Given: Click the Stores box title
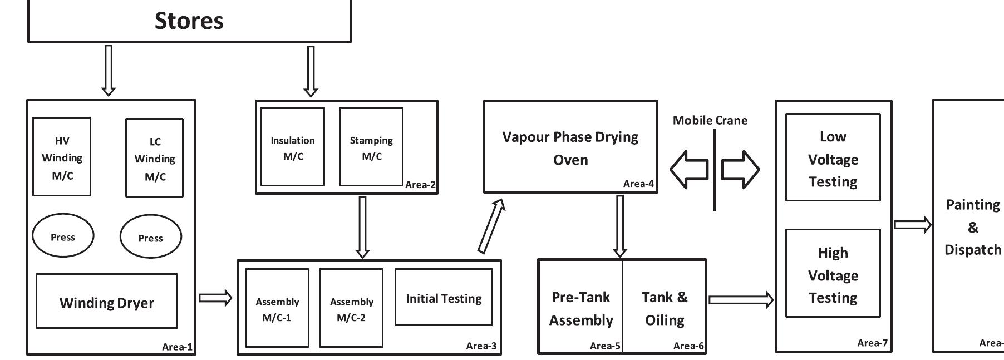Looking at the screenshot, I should tap(189, 21).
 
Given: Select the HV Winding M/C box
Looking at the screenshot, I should tap(62, 157).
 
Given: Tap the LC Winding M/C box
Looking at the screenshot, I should tap(155, 158).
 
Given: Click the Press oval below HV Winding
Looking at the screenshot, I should tap(63, 236).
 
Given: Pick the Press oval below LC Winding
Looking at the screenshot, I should tap(150, 238).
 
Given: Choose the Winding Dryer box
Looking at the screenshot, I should tap(107, 302).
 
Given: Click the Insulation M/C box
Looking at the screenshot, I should tap(293, 147).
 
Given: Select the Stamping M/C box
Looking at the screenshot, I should tap(371, 147).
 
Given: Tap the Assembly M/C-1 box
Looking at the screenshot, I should tap(277, 308).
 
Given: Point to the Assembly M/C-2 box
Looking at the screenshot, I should tap(351, 308).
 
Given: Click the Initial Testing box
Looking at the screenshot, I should tap(444, 298).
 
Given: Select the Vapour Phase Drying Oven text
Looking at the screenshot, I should tap(570, 147).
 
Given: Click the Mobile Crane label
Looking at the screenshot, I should tap(710, 120).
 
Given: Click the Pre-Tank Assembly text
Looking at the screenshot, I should tap(580, 308).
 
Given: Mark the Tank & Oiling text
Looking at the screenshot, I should tap(665, 308).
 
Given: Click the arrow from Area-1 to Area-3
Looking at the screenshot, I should tap(215, 298).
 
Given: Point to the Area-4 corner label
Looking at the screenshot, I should tap(638, 184).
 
